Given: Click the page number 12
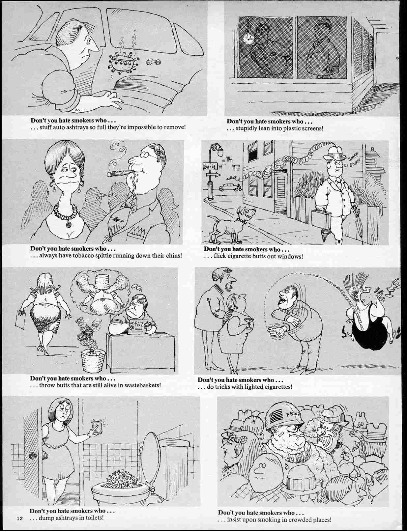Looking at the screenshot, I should [x=19, y=519].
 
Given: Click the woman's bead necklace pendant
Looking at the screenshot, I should [x=69, y=225].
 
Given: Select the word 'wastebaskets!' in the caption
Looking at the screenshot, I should [x=144, y=384].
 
